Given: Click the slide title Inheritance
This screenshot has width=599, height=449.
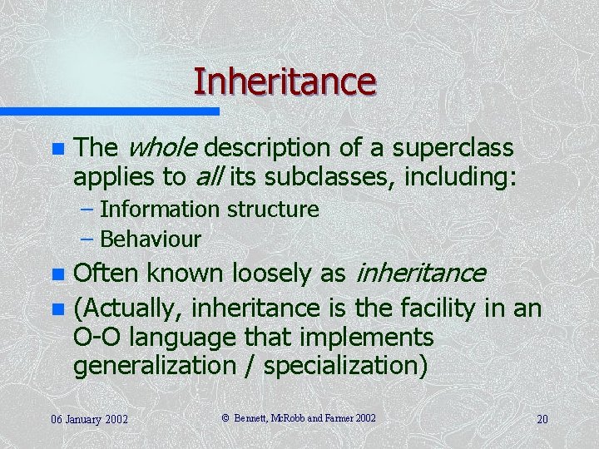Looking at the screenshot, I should coord(285,81).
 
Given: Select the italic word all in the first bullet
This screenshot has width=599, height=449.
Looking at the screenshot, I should coord(209,176).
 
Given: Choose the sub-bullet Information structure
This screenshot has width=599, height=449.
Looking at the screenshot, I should coord(209,210).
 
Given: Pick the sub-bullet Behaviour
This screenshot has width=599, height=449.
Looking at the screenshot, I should coord(150,239).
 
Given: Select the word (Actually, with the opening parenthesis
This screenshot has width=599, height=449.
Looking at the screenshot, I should coord(129,309).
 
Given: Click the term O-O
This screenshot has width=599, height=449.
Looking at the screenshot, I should coord(97,338).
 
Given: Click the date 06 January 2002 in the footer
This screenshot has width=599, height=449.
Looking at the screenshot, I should coord(88,418).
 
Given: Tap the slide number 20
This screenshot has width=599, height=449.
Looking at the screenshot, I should coord(542,418).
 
